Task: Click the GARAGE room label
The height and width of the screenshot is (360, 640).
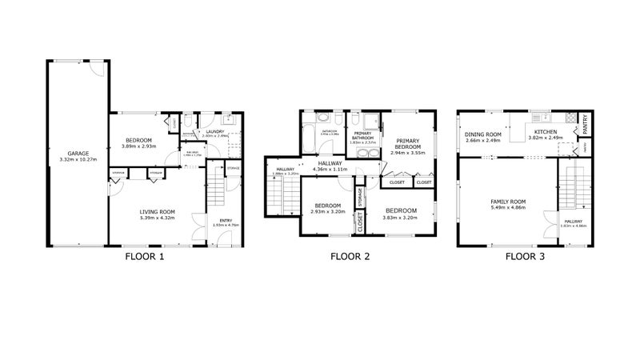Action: pos(78,154)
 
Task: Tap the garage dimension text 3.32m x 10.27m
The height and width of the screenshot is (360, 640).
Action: pos(78,160)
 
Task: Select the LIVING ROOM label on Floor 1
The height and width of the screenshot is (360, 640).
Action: pos(157,212)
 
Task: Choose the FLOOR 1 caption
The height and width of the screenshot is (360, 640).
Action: pos(145,257)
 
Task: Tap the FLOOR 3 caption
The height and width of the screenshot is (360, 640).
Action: pos(526,257)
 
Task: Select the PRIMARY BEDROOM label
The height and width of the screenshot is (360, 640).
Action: pos(409,144)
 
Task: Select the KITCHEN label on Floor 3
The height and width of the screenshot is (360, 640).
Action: pos(546,132)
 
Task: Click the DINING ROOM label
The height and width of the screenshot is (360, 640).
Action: pos(483,134)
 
